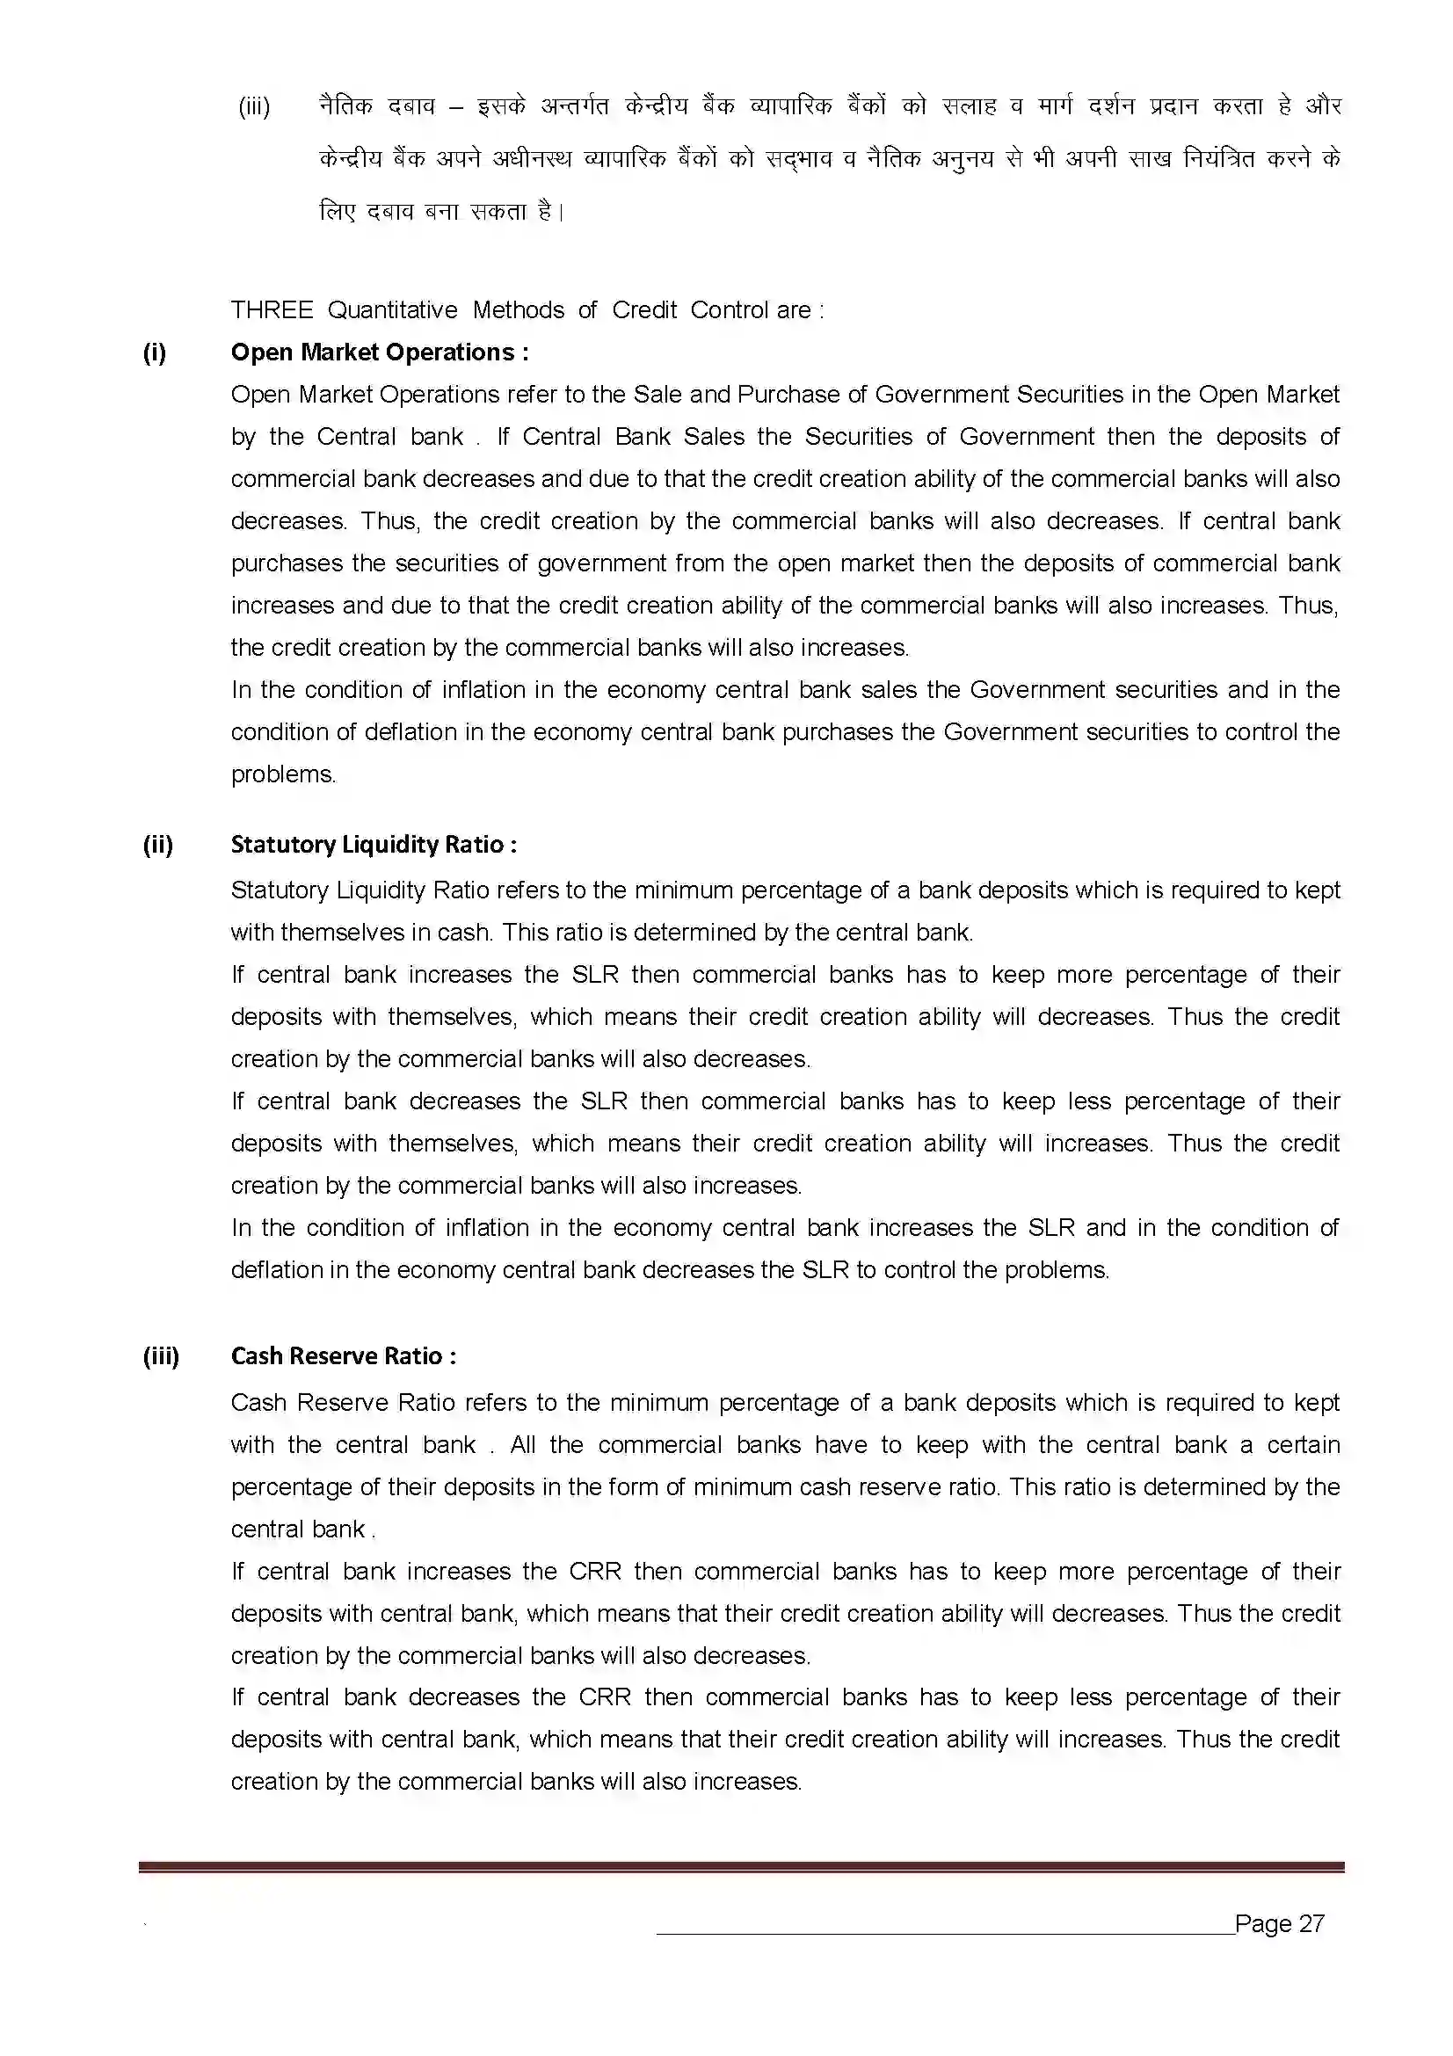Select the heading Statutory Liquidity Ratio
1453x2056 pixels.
(x=374, y=845)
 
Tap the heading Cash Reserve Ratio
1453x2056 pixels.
(x=343, y=1355)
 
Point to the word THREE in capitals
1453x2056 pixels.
(x=272, y=309)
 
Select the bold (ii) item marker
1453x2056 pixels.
(x=157, y=845)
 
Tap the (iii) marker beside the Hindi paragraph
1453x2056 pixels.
(x=253, y=106)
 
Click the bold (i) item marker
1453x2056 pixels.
(x=154, y=352)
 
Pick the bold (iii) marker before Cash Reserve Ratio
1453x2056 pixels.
(x=160, y=1355)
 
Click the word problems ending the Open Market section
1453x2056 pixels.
(x=282, y=774)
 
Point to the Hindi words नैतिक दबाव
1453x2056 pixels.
(x=376, y=106)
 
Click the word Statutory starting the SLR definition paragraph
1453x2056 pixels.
(x=279, y=890)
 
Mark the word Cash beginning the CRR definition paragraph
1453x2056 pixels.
(x=258, y=1402)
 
